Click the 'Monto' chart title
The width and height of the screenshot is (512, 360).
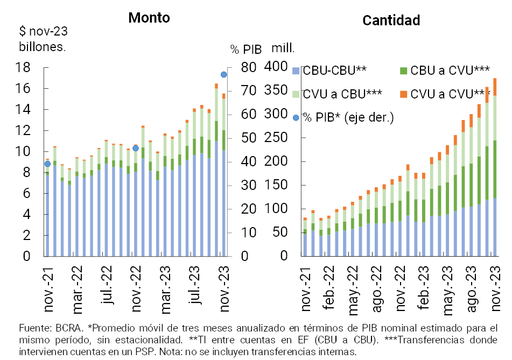149,18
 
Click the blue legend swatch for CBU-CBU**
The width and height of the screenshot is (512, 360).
296,70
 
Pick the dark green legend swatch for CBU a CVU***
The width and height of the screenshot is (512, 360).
403,70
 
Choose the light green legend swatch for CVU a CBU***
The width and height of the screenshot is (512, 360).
296,94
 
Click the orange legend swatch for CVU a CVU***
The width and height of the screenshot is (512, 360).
403,94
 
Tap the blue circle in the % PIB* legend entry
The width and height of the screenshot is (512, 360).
296,117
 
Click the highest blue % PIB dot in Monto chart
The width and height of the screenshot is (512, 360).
223,74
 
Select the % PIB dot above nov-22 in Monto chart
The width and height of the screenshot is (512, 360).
136,148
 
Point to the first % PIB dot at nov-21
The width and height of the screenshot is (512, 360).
47,164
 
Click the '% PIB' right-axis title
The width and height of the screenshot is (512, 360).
246,50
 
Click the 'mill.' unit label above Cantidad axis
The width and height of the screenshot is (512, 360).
283,48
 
